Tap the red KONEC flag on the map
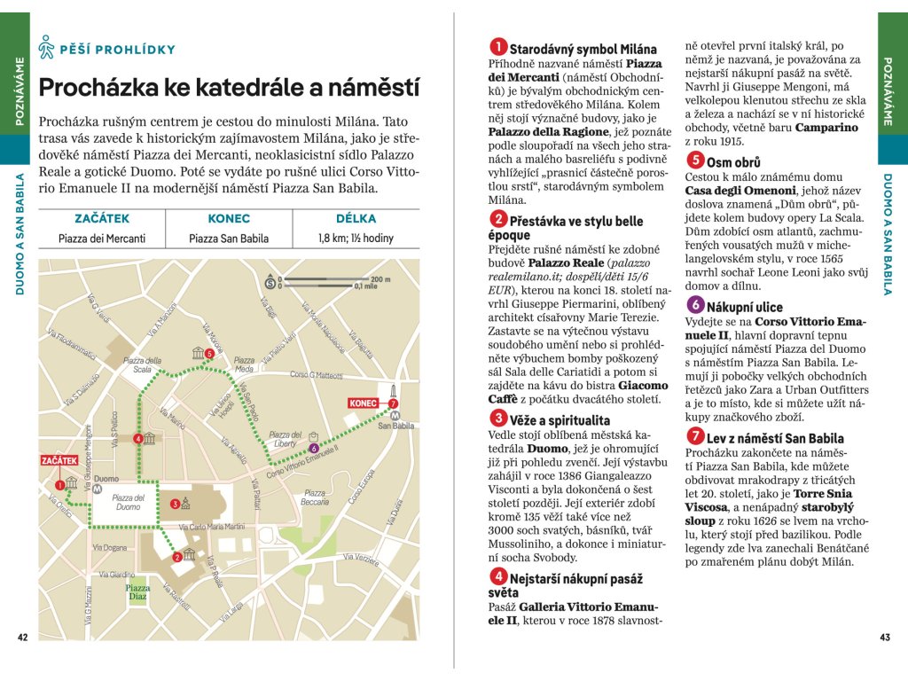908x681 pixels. tap(364, 403)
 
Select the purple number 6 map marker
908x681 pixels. tap(315, 448)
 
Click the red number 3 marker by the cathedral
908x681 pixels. tap(175, 504)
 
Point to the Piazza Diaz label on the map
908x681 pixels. tap(137, 591)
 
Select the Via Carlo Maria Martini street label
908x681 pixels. tap(211, 527)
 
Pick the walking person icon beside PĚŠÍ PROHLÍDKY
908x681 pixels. tap(47, 49)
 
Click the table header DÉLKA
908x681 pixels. tap(356, 218)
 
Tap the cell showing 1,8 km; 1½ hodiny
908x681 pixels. tap(356, 239)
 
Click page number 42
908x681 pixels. tap(23, 637)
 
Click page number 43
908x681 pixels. tap(884, 637)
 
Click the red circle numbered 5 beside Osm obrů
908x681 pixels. tap(695, 160)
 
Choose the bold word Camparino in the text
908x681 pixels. tap(826, 128)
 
